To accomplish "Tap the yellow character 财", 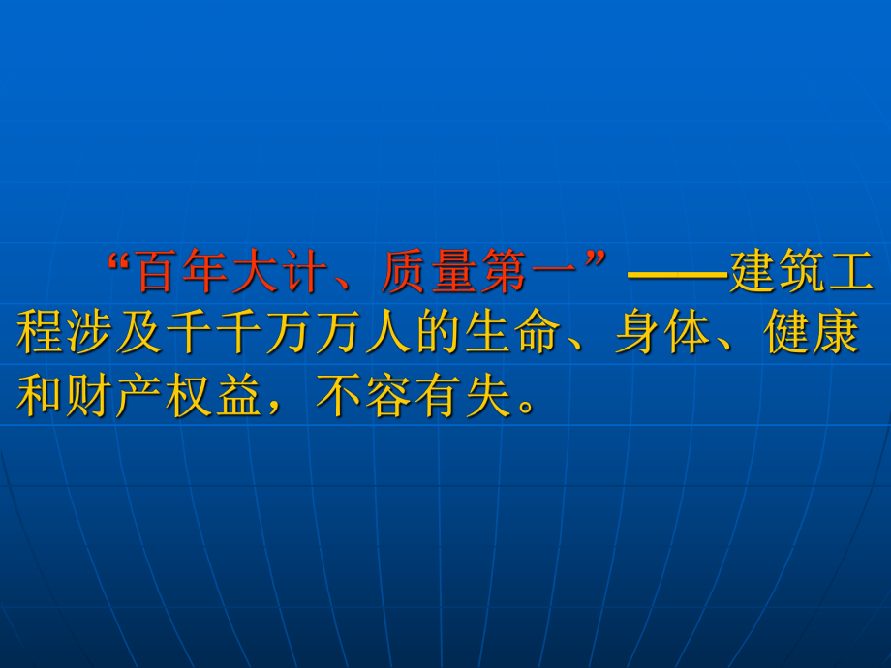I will click(90, 395).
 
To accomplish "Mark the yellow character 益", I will click(239, 395).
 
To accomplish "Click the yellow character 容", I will click(388, 395).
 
